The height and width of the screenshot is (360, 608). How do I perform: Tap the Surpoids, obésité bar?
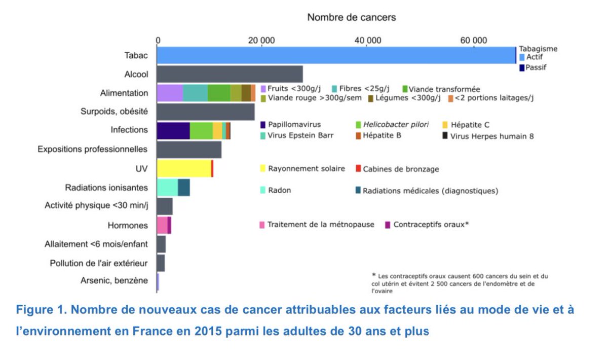pyautogui.click(x=205, y=112)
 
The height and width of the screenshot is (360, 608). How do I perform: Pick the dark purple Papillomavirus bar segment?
pyautogui.click(x=173, y=130)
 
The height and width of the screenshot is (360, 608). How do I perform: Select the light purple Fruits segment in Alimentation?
pyautogui.click(x=169, y=93)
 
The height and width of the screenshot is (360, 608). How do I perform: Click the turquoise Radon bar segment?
pyautogui.click(x=167, y=188)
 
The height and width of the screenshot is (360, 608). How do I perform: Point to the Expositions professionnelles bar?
pyautogui.click(x=189, y=150)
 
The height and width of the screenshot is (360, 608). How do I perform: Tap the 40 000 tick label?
pyautogui.click(x=367, y=40)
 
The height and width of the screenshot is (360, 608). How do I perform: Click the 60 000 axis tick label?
pyautogui.click(x=473, y=40)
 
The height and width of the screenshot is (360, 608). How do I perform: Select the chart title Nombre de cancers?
pyautogui.click(x=352, y=17)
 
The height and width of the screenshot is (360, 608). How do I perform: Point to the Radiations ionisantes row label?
pyautogui.click(x=106, y=188)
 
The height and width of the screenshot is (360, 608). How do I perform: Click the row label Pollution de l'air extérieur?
pyautogui.click(x=99, y=263)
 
